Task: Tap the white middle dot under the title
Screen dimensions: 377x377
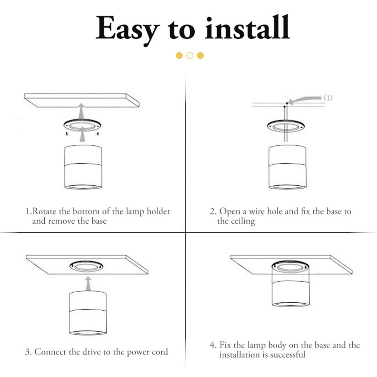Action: tap(190, 56)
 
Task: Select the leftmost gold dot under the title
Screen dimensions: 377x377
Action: tap(180, 56)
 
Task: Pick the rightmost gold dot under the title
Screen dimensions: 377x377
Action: tap(200, 56)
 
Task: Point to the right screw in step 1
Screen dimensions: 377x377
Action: tap(98, 134)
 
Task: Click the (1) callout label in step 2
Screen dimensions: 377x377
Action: tap(328, 98)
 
